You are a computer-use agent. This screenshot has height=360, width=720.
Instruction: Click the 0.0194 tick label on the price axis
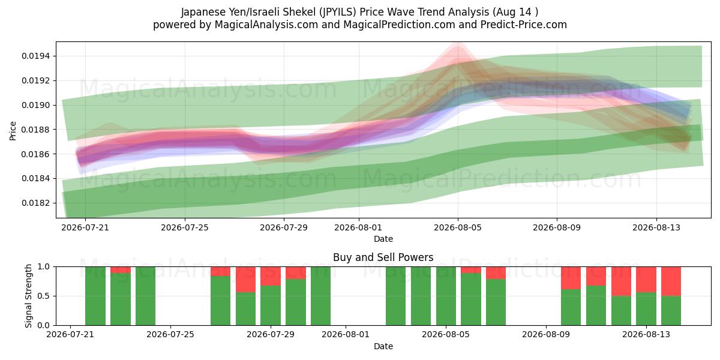pos(36,56)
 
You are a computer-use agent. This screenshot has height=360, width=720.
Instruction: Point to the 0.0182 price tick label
pos(36,203)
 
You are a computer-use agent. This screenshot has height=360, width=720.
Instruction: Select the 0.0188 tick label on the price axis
pos(36,130)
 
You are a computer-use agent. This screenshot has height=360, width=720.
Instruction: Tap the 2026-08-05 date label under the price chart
pos(458,227)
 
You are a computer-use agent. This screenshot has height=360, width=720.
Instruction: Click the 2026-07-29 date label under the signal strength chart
pos(271,335)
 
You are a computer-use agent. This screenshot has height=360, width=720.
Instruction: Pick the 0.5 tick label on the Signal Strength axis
pos(44,296)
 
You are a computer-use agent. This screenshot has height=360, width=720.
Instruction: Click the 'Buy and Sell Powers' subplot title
pos(383,257)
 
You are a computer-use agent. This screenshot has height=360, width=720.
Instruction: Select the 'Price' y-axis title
pos(13,131)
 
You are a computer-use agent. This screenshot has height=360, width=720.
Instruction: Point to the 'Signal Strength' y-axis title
pos(29,296)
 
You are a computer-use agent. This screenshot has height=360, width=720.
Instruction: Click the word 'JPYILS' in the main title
pos(338,12)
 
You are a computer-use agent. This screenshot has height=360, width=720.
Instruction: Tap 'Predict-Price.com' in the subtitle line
pos(524,25)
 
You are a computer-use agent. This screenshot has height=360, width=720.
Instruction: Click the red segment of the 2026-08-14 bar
pos(671,281)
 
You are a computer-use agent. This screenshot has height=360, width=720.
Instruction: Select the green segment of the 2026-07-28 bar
pos(245,308)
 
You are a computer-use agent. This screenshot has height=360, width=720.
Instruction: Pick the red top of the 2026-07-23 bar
pos(121,270)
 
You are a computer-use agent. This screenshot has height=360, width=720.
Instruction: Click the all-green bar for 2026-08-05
pos(446,296)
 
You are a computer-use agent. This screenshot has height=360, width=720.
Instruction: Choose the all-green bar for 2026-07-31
pos(320,296)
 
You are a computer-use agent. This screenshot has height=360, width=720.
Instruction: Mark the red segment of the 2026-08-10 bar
pos(571,278)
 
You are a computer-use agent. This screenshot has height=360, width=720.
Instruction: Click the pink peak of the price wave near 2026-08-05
pos(458,46)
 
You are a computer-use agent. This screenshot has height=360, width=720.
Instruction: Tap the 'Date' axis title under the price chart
pos(383,239)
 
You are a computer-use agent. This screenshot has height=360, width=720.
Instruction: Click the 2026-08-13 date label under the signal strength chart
pos(646,335)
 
